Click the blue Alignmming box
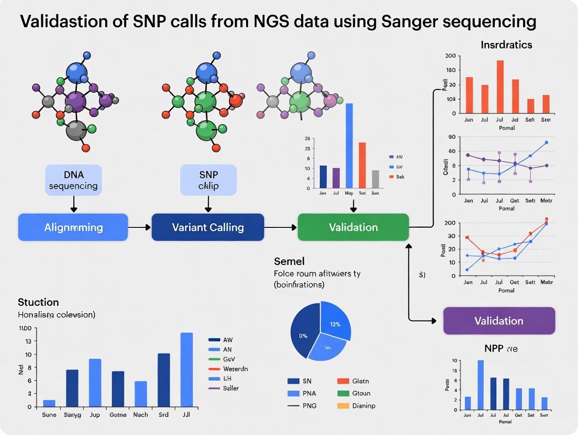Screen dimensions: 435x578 [x=73, y=227]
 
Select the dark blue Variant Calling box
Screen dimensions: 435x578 [x=208, y=227]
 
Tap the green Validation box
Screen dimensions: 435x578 [x=353, y=227]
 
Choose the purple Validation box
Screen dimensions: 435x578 [x=498, y=320]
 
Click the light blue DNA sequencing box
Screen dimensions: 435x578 [x=73, y=180]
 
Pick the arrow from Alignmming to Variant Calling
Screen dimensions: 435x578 [x=139, y=227]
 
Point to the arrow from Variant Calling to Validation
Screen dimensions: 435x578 [x=281, y=227]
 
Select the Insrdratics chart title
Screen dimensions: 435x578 [x=506, y=45]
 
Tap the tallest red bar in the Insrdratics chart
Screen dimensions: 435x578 [x=500, y=87]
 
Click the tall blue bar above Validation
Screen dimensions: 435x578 [x=349, y=145]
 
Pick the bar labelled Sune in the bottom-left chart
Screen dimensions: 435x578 [x=49, y=403]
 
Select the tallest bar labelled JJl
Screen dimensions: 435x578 [x=186, y=369]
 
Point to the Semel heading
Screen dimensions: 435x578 [x=289, y=261]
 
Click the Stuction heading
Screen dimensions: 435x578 [x=38, y=302]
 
